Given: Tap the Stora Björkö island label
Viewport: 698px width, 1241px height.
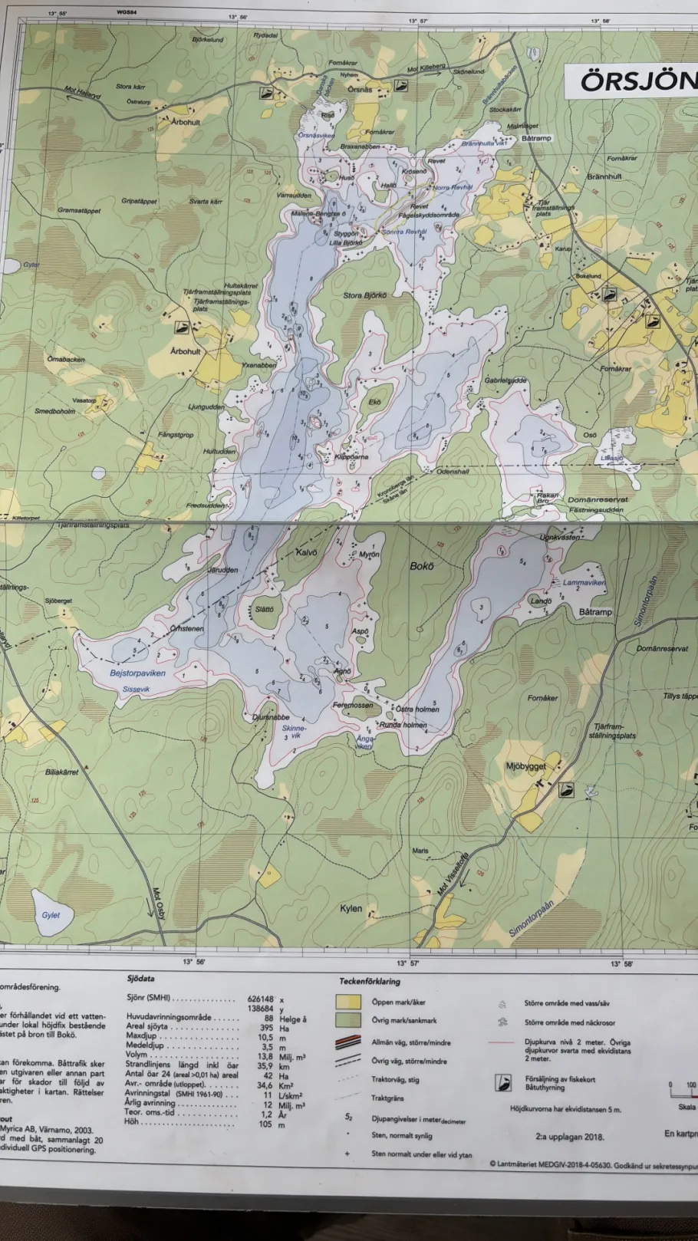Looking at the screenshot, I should [365, 295].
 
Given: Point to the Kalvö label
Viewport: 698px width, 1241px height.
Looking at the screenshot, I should [306, 552].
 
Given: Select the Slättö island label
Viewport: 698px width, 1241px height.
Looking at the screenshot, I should [265, 610].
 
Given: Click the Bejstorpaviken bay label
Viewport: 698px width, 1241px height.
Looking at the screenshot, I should [137, 673].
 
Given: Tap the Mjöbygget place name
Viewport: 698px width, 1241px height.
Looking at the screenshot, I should [526, 766].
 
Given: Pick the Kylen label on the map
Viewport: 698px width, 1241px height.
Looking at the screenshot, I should [351, 908].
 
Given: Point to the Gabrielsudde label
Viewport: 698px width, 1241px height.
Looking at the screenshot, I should [505, 380].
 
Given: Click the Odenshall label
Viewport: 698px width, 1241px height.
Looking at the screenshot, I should [453, 472].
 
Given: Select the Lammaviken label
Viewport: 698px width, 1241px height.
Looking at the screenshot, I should [584, 583].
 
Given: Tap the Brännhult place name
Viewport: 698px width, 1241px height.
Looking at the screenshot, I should [604, 176].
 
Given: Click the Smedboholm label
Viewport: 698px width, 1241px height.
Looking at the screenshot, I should [55, 411].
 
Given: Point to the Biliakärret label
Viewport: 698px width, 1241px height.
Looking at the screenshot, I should [61, 772].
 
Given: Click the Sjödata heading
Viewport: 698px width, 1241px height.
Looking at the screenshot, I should [140, 979].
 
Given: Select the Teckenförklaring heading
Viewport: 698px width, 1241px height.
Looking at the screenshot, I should [370, 981].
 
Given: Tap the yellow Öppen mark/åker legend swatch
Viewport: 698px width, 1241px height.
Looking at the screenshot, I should [348, 1002].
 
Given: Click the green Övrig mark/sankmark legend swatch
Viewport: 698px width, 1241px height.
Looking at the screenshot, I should [348, 1020].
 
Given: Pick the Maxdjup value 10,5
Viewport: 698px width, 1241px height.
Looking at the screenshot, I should [265, 1036].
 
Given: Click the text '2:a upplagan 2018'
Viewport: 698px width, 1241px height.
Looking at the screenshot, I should [570, 1137].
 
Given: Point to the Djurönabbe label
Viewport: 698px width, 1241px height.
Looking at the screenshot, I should [271, 718].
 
